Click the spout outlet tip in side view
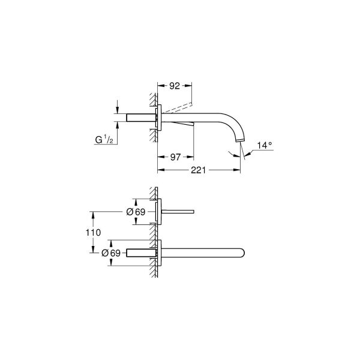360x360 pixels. [240, 142]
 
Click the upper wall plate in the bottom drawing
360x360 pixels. [158, 211]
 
